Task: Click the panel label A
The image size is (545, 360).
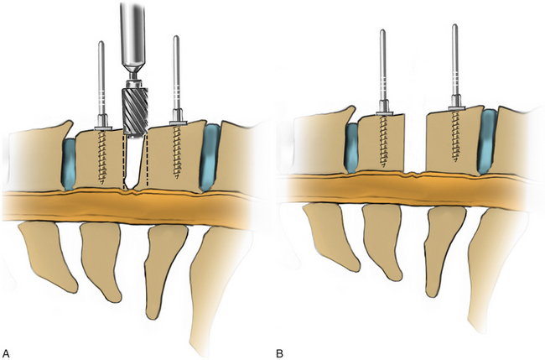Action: pos(8,350)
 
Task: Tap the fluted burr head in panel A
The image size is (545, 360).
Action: pos(135,106)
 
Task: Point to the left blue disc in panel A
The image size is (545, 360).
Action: pos(69,162)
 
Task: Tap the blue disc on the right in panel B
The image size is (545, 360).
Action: pos(486,143)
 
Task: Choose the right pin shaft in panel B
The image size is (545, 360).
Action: pos(455,59)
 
